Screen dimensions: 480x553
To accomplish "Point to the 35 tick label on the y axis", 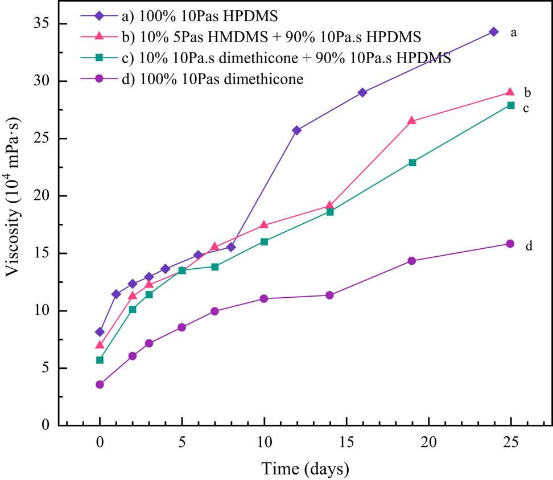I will tap(44, 24).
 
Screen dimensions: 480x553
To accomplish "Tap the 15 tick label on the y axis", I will tap(44, 253).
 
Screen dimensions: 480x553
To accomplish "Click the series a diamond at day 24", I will tap(493, 32).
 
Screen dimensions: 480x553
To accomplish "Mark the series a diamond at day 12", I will tap(296, 130).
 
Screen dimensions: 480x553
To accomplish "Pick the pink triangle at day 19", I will tap(411, 121).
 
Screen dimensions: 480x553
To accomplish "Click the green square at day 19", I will tap(412, 162).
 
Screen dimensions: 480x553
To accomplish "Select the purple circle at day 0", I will tap(100, 384).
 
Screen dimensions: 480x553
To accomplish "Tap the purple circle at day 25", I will tap(510, 244).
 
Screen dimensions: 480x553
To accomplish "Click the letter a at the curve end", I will tap(514, 33).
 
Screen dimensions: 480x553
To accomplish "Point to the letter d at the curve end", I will tap(529, 246).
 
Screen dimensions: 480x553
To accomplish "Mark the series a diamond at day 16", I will tap(362, 92).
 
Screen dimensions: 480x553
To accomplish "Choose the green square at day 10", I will tap(264, 241).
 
